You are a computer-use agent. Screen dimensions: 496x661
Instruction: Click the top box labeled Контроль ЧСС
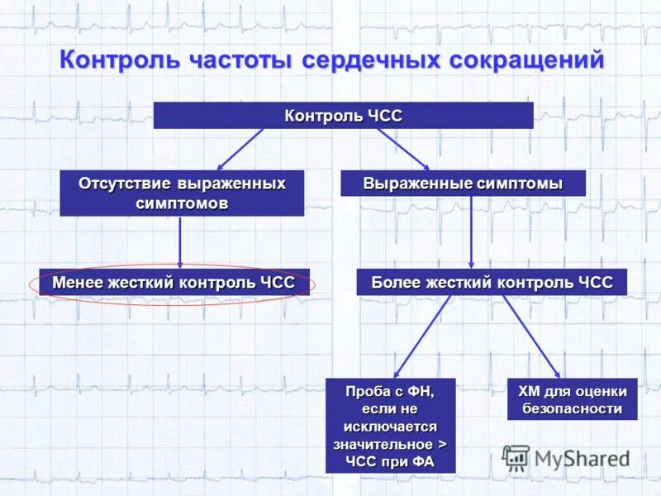pos(343,116)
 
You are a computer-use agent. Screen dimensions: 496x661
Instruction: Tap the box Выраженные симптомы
pos(463,184)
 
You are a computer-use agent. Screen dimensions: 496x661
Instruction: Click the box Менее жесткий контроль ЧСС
pos(174,283)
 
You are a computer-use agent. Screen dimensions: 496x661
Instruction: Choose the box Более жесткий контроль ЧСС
pos(492,283)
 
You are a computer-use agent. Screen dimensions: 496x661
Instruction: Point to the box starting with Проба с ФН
pos(390,425)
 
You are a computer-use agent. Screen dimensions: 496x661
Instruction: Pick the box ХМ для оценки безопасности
pos(572,399)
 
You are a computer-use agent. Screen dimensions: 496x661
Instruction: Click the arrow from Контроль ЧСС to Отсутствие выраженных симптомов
pos(240,149)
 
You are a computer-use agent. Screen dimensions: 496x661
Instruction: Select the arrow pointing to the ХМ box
pos(532,336)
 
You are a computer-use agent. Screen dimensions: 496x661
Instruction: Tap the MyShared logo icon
pos(516,457)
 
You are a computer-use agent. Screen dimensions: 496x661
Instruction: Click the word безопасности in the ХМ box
pos(572,408)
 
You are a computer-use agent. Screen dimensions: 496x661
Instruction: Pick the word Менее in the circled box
pos(74,283)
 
